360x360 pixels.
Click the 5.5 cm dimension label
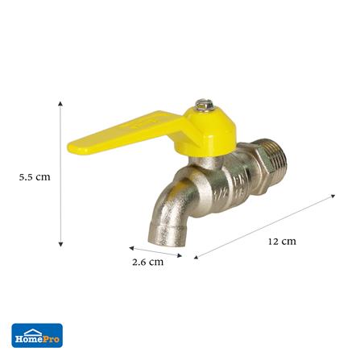pos(35,177)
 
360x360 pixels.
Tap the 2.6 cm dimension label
pos(147,262)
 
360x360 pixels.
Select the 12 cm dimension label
pos(282,242)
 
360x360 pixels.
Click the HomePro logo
pos(37,335)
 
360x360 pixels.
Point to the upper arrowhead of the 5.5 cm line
pos(60,104)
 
